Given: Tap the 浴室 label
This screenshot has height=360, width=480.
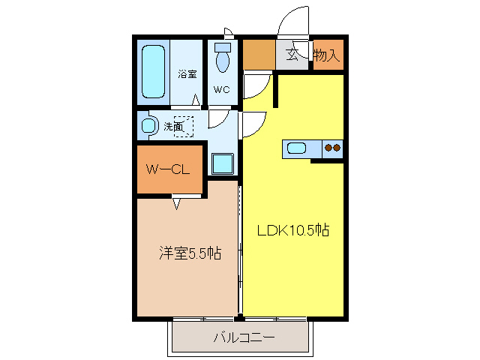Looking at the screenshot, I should [x=187, y=75].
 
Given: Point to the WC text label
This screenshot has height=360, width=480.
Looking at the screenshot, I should [x=221, y=90].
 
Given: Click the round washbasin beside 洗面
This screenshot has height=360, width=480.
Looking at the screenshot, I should [x=148, y=125].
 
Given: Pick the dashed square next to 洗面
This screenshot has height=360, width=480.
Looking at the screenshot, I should [x=184, y=127].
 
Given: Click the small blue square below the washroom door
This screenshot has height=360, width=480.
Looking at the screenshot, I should [x=222, y=163].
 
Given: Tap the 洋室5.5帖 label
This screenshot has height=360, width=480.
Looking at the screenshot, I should [x=189, y=253].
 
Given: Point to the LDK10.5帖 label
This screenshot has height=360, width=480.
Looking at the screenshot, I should [x=294, y=230].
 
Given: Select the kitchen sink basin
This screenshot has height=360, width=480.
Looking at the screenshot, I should [x=297, y=148].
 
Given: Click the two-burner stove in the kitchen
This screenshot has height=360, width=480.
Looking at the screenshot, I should [x=332, y=148].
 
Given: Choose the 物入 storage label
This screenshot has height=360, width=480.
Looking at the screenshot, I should [x=327, y=55].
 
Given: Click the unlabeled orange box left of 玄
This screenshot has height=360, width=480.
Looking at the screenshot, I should [x=259, y=55].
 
